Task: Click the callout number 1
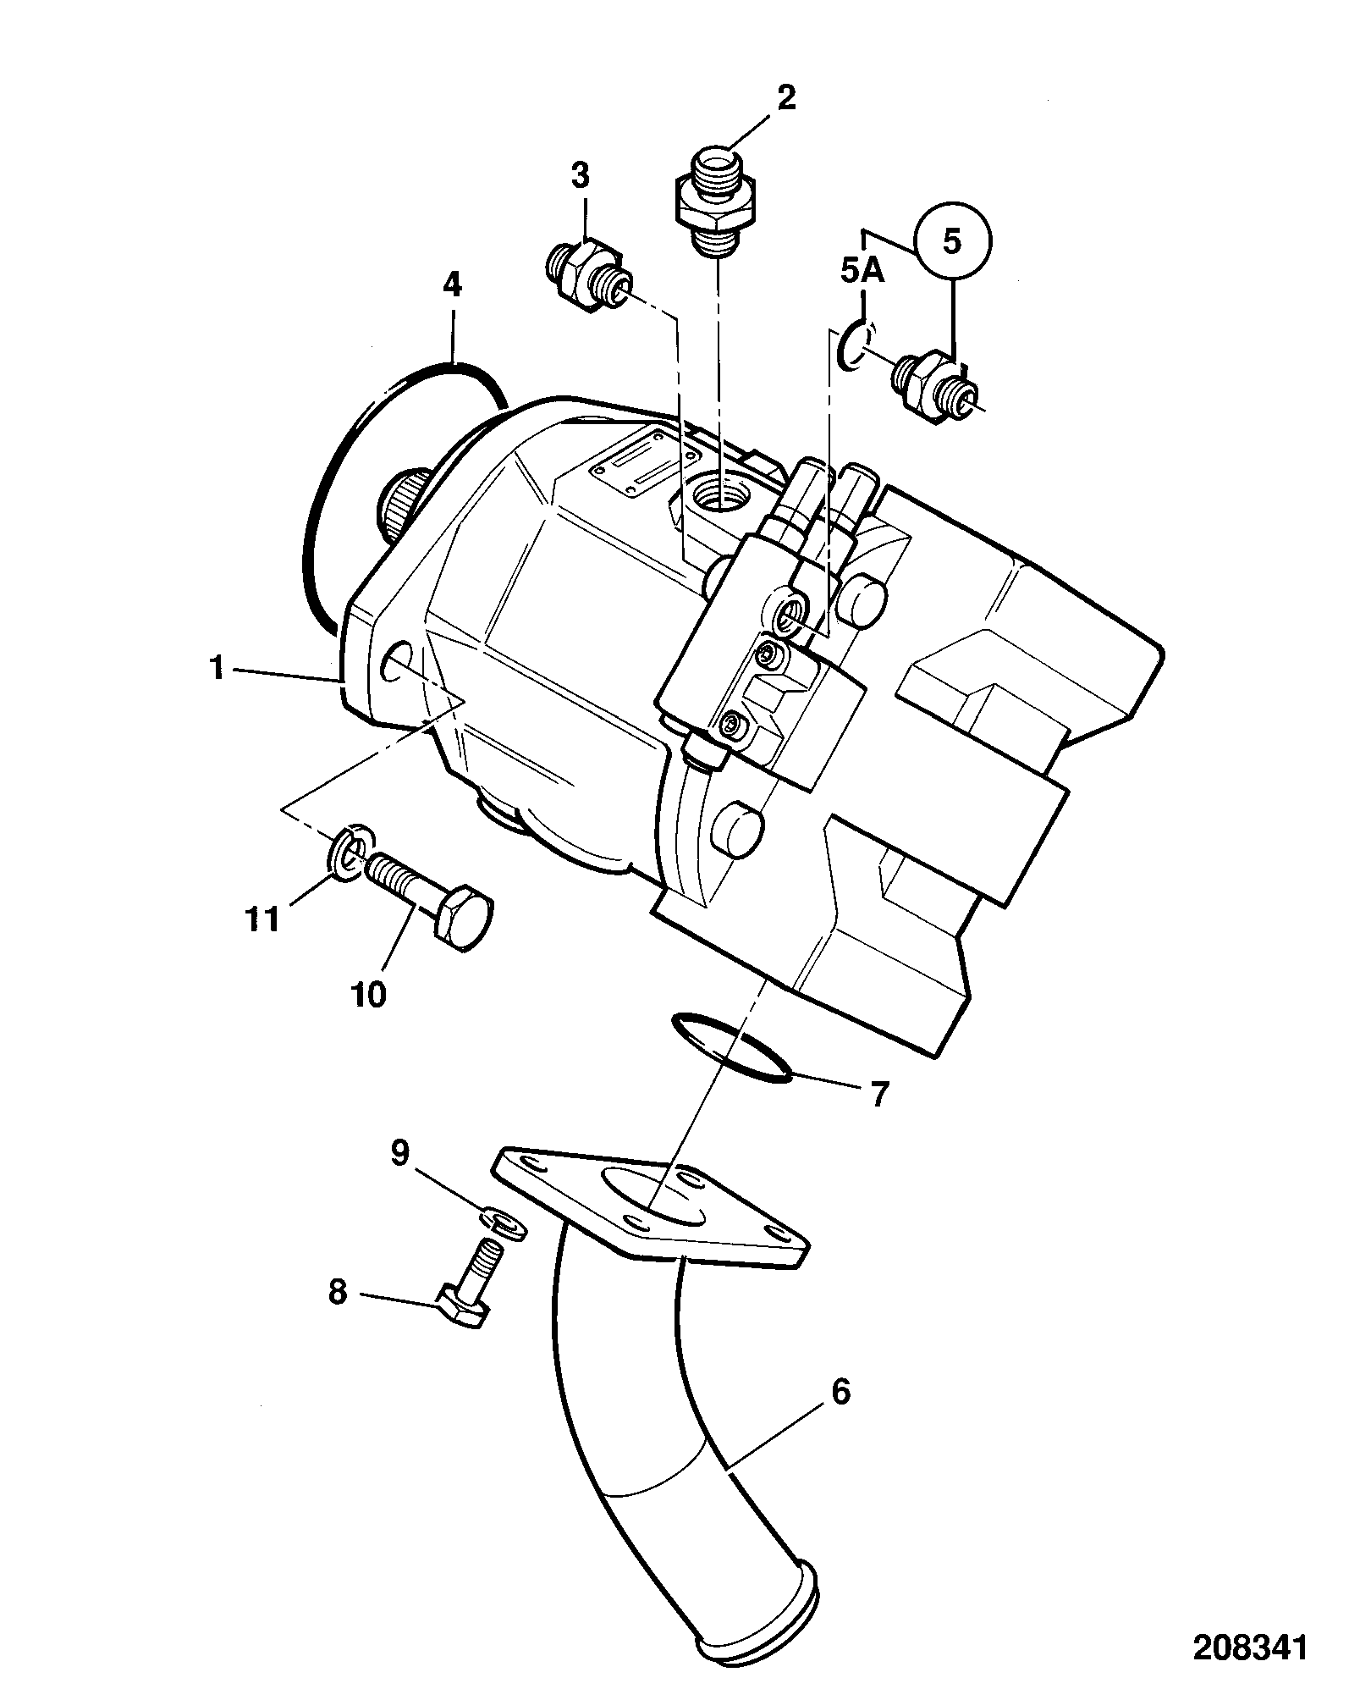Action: point(218,669)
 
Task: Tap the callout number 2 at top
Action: point(786,98)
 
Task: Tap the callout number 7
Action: point(878,1095)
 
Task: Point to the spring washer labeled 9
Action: point(503,1223)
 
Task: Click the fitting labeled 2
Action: point(717,200)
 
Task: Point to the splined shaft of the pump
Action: point(406,505)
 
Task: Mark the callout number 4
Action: point(453,284)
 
